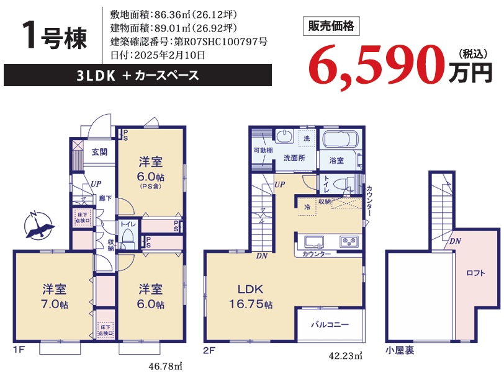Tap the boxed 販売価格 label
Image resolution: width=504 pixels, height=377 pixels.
(331, 26)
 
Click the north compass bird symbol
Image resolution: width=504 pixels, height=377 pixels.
(38, 226)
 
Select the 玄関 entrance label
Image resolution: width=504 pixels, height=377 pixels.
(99, 152)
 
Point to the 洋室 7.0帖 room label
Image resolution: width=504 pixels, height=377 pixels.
(55, 296)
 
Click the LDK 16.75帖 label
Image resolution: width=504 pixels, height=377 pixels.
(250, 296)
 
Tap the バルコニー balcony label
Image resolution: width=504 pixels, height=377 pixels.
(330, 324)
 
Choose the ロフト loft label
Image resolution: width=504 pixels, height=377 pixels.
(475, 273)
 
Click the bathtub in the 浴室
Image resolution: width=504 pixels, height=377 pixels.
(340, 139)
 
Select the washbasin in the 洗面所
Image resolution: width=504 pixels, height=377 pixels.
(284, 136)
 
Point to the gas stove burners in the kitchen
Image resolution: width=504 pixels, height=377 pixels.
(349, 241)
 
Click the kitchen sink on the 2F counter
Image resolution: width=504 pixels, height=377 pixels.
(314, 242)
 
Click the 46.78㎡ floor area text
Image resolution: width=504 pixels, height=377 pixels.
(166, 366)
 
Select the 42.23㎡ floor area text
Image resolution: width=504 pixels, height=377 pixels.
(345, 356)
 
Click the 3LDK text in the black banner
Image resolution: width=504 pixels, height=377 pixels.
(96, 76)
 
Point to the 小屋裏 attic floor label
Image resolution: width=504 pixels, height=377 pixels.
(400, 350)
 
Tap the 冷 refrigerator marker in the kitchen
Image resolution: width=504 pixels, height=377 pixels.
(307, 207)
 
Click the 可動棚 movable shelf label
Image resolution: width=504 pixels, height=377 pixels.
(263, 150)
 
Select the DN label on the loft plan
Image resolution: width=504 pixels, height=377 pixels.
(455, 241)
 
